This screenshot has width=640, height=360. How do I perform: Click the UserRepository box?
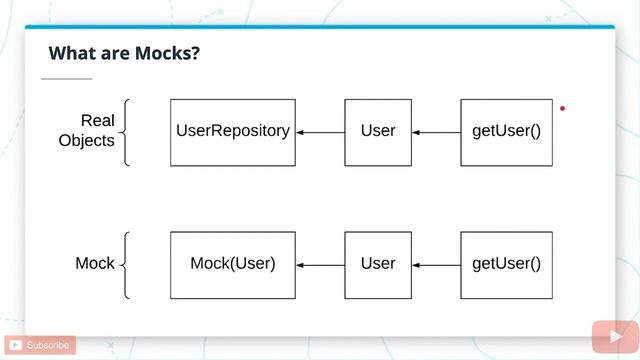point(233,132)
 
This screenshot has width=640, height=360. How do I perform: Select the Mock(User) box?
point(233,265)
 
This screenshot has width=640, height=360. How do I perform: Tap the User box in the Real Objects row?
point(378,132)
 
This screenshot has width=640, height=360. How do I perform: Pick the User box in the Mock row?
point(378,265)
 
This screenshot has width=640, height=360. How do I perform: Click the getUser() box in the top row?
point(506,132)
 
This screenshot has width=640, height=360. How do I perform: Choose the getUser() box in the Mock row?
point(506,265)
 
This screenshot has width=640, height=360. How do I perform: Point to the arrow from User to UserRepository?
point(320,132)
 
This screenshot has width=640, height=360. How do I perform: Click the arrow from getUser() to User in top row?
point(436,132)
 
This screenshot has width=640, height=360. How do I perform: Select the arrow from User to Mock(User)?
point(320,265)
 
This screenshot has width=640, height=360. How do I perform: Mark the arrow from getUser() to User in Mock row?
point(436,265)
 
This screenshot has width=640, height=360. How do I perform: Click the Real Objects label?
point(88,131)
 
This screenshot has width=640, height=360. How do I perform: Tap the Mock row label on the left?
point(95,264)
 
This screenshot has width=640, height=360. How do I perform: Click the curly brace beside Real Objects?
point(126,132)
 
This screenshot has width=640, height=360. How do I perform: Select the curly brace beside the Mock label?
point(126,265)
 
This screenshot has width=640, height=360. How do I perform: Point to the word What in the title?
point(69,53)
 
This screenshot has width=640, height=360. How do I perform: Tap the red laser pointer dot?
point(563,108)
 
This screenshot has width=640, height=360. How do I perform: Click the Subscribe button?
point(40,345)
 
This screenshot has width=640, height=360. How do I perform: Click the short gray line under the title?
point(67,78)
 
